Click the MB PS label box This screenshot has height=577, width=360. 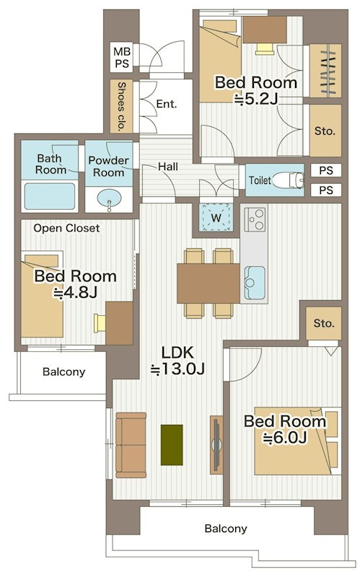[121, 57]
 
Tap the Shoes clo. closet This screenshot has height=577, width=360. [121, 106]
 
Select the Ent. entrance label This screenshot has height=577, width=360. [167, 104]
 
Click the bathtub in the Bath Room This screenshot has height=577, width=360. [50, 195]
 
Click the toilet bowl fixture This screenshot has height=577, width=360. [289, 180]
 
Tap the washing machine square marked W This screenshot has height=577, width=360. [216, 217]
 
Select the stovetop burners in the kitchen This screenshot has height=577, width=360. [255, 219]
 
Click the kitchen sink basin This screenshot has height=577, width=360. [255, 283]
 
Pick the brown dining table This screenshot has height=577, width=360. [208, 283]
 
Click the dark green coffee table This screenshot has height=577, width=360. [172, 444]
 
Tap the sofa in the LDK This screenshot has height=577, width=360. [131, 445]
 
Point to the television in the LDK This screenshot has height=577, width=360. [216, 445]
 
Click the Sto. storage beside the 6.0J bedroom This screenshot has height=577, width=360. [324, 323]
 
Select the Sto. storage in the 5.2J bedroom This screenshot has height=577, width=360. [325, 131]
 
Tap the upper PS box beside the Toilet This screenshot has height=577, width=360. [326, 170]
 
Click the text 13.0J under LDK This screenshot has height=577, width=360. [177, 369]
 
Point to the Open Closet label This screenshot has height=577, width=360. [66, 228]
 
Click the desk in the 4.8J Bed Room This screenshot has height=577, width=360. [119, 323]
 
